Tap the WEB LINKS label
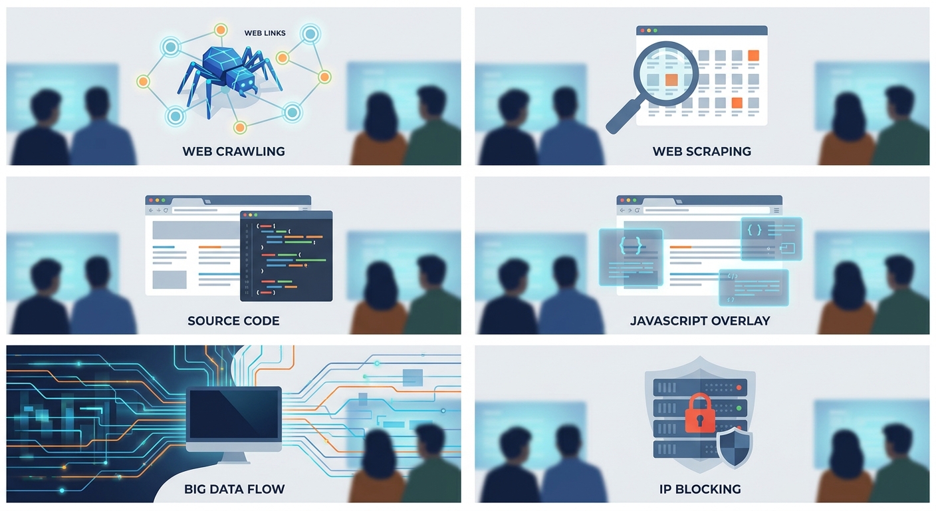point(265,33)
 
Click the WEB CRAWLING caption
point(233,152)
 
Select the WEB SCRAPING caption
point(702,152)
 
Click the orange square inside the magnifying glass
point(671,80)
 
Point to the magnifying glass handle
point(623,116)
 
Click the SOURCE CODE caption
point(233,321)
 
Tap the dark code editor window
point(287,256)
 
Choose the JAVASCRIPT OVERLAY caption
point(700,321)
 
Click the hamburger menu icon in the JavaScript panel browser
point(776,210)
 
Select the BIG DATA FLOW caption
point(235,489)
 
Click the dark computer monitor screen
point(233,414)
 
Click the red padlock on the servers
point(700,414)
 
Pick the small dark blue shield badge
point(735,447)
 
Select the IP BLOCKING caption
point(700,489)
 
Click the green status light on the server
point(739,408)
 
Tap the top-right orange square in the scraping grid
point(753,55)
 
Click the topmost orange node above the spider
point(221,30)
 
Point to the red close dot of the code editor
point(245,215)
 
